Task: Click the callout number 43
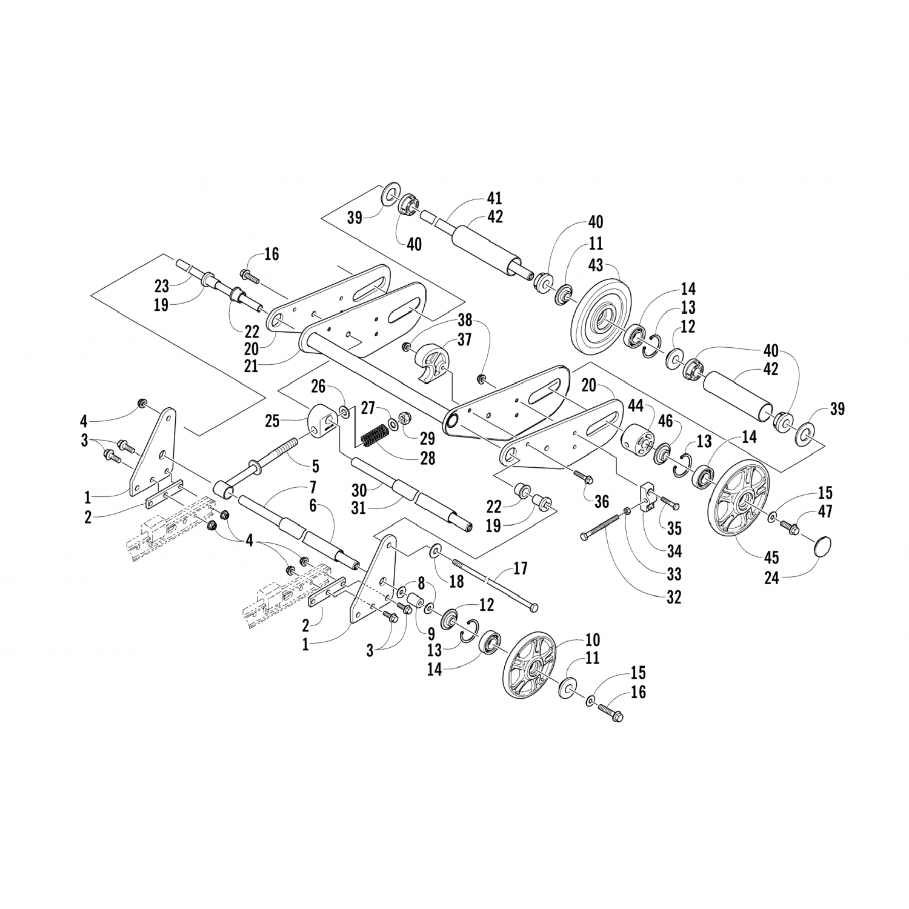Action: coord(596,265)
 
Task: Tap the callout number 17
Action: coord(520,568)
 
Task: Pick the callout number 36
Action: coord(601,502)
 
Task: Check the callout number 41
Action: coord(494,198)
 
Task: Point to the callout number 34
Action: coord(674,551)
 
